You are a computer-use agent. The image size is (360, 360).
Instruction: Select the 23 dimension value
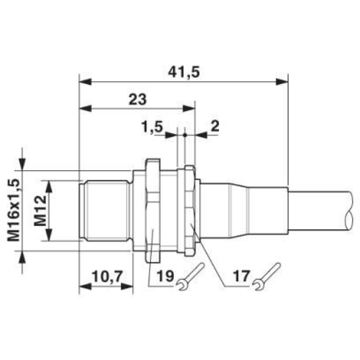(138, 99)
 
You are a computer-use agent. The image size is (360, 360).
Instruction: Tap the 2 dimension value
(215, 126)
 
